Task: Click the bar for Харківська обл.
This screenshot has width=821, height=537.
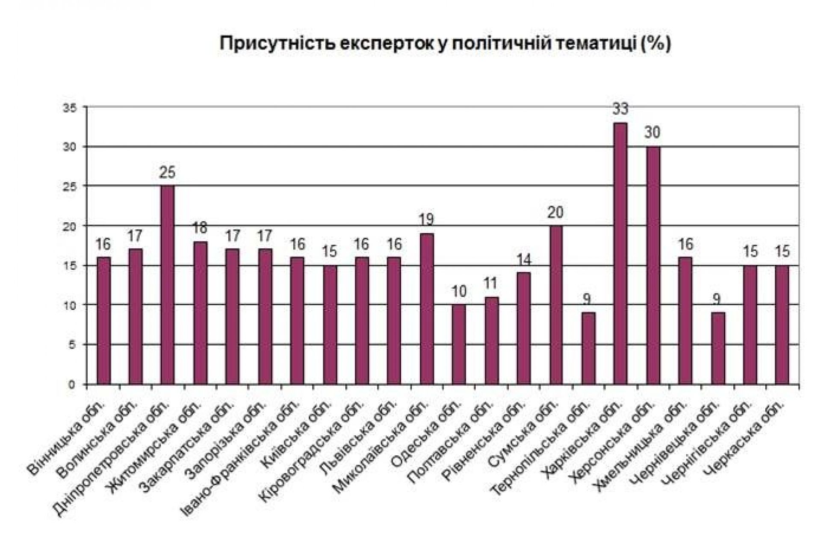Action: point(620,254)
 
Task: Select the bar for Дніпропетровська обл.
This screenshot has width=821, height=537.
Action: point(167,285)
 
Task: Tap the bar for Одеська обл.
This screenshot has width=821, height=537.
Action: point(459,344)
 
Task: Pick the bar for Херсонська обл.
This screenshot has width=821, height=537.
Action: point(653,265)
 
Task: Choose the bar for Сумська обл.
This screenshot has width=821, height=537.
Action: point(556,305)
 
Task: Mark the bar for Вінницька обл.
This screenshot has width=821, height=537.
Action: point(103,321)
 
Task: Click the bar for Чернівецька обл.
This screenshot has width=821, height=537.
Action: point(718,348)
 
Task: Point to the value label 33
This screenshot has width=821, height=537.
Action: point(620,109)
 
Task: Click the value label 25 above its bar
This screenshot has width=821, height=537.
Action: point(167,173)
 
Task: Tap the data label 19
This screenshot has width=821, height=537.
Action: point(426,220)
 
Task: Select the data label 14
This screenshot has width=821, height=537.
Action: point(523,260)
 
